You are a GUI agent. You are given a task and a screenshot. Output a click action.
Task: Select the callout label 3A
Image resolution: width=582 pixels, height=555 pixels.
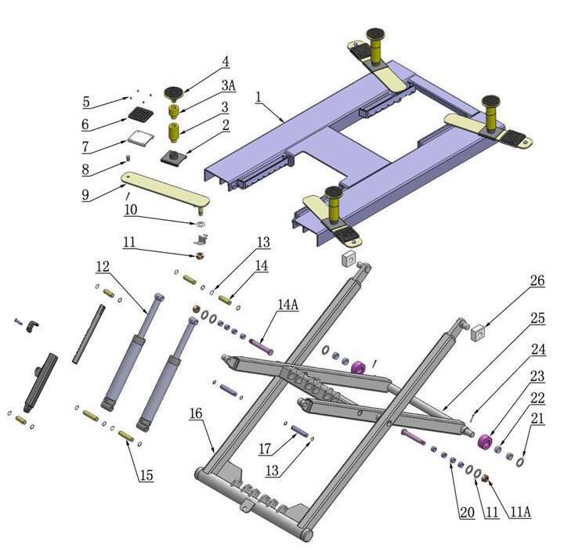[228, 85]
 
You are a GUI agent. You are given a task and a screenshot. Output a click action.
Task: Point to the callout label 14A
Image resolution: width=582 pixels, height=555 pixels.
[287, 305]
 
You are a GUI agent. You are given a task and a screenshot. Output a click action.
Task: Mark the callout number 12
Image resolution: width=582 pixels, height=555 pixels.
[103, 267]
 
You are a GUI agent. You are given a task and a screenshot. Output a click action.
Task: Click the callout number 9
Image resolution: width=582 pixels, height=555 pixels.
[85, 194]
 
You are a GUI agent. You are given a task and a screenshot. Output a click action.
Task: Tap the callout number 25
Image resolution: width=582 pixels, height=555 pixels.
[536, 318]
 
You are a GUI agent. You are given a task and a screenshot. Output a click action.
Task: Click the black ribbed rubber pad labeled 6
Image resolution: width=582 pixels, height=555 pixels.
[139, 115]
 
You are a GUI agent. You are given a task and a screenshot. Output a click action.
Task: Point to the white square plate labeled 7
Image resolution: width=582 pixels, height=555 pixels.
[139, 138]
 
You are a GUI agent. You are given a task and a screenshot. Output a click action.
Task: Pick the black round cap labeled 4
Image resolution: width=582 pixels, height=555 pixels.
[174, 93]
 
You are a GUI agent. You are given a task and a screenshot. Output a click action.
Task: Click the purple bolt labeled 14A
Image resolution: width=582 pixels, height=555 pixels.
[261, 344]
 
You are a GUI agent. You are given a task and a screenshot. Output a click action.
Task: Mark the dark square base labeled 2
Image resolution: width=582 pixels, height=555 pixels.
[172, 157]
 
